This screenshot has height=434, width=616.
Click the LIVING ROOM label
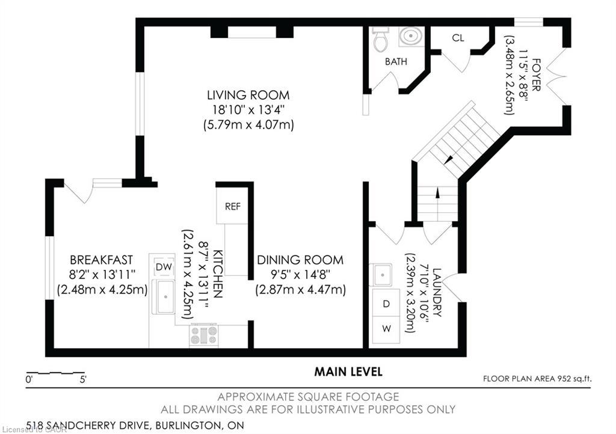pyautogui.click(x=248, y=95)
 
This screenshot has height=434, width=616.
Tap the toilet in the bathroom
pyautogui.click(x=380, y=39)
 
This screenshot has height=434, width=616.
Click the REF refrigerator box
pyautogui.click(x=233, y=206)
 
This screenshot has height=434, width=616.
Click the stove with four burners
pyautogui.click(x=204, y=335)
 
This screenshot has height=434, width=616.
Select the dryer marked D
pyautogui.click(x=386, y=304)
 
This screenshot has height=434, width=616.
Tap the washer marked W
pyautogui.click(x=386, y=329)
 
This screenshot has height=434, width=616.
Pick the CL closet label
pyautogui.click(x=458, y=38)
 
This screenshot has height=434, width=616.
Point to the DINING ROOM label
pyautogui.click(x=300, y=260)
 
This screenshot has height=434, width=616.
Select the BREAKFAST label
pyautogui.click(x=101, y=260)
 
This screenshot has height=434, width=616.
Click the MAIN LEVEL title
pyautogui.click(x=348, y=372)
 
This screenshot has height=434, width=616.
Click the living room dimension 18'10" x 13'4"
pyautogui.click(x=248, y=110)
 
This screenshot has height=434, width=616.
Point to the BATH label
pyautogui.click(x=396, y=61)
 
